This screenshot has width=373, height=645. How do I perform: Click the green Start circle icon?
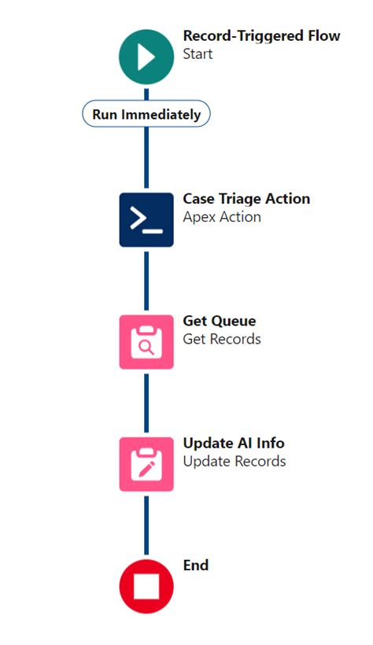[146, 56]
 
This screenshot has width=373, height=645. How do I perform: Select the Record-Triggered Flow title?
[261, 36]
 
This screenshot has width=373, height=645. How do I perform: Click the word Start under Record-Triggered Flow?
[198, 54]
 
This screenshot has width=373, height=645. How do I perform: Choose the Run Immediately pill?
[146, 114]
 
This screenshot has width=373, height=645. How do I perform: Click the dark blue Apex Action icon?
[146, 219]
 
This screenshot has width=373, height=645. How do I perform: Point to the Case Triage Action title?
[246, 199]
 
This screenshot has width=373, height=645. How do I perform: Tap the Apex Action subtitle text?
[222, 217]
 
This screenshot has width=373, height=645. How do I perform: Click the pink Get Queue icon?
[146, 342]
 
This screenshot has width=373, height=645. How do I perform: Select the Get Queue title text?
[220, 321]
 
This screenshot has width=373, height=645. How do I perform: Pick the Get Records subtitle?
[222, 339]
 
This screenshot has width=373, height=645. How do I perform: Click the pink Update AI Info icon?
[146, 464]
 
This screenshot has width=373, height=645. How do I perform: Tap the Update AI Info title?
[234, 443]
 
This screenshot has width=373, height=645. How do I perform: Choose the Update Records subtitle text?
[235, 461]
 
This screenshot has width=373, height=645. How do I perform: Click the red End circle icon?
[146, 585]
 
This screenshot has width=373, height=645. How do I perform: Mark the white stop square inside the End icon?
[146, 586]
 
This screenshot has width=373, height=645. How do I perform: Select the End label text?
[196, 565]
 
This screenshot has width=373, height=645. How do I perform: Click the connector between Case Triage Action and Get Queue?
[146, 281]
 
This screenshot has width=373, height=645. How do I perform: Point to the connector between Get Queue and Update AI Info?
[146, 403]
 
